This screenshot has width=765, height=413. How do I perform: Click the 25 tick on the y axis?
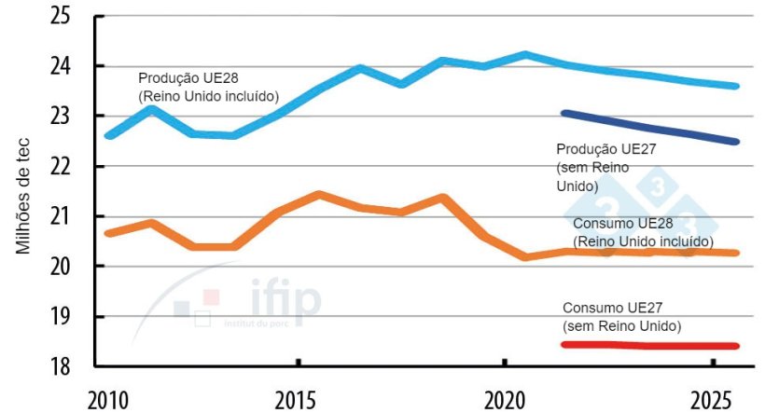click(71, 16)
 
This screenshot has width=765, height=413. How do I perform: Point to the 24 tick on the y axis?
click(71, 66)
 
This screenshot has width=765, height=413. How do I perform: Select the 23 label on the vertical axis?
click(71, 117)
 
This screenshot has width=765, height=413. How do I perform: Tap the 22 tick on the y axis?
click(71, 166)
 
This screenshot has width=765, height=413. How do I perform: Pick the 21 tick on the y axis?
click(71, 216)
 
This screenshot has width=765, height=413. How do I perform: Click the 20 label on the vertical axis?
click(71, 267)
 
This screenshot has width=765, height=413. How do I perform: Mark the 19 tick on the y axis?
click(71, 317)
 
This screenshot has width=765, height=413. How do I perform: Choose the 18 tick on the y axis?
click(71, 366)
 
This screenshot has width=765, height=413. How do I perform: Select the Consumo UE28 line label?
click(642, 232)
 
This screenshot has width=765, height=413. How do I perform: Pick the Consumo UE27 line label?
click(621, 317)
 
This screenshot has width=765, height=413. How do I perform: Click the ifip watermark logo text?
click(285, 301)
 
